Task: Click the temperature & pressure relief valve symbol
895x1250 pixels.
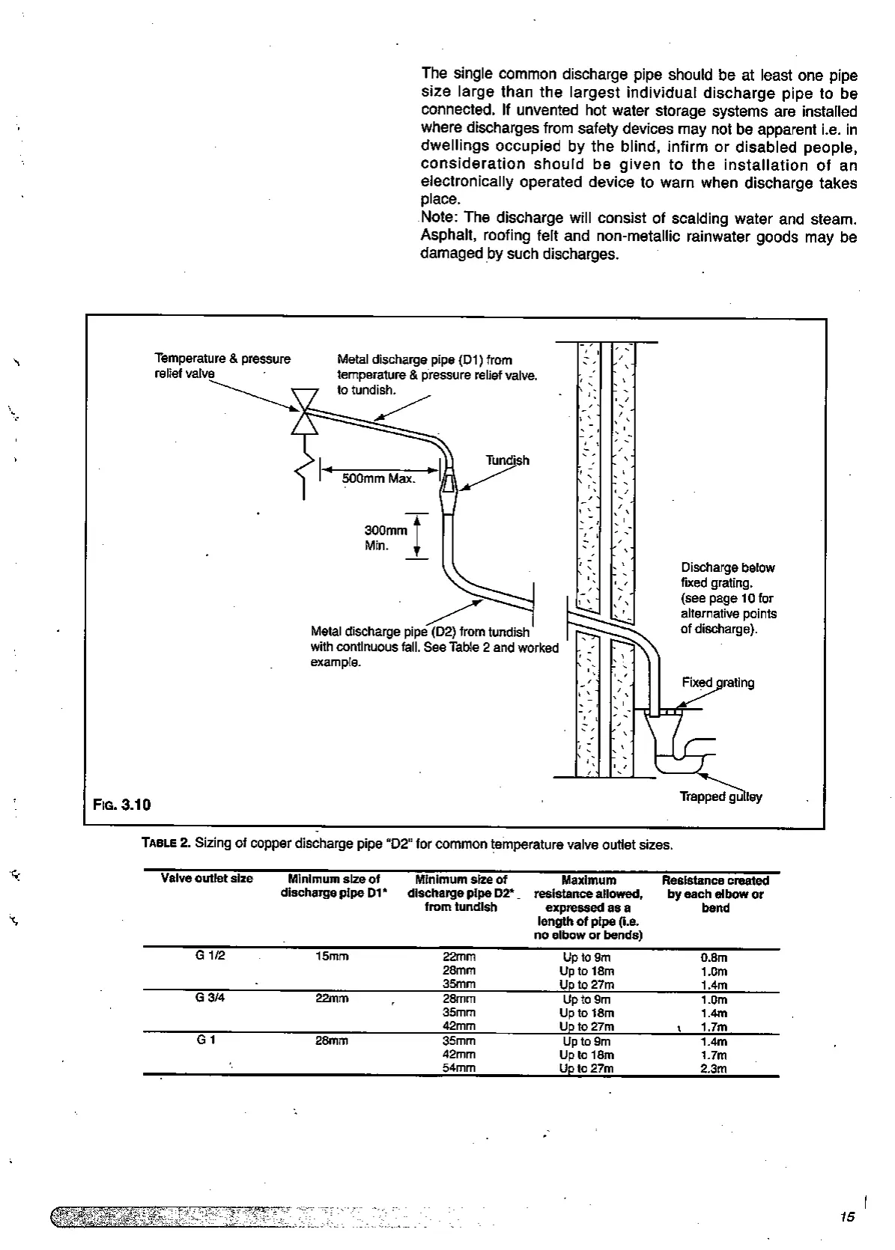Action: tap(304, 411)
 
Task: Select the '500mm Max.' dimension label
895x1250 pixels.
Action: tap(378, 478)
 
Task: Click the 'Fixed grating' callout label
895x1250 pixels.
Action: tap(717, 683)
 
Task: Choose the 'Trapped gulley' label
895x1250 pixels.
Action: tap(720, 796)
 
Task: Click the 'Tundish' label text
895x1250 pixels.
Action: tap(507, 460)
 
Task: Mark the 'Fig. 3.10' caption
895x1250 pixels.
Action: tap(121, 805)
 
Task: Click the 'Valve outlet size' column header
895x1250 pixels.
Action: tap(207, 879)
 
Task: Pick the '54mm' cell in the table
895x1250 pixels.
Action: tap(459, 1068)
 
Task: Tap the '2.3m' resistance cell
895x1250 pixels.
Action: tap(714, 1069)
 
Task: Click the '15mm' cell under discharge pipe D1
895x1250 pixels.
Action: tap(332, 957)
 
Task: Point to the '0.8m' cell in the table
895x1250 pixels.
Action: tap(714, 957)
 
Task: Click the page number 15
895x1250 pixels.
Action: tap(847, 1216)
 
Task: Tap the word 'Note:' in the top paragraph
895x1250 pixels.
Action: tap(440, 218)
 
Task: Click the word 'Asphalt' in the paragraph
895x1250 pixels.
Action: tap(447, 236)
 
